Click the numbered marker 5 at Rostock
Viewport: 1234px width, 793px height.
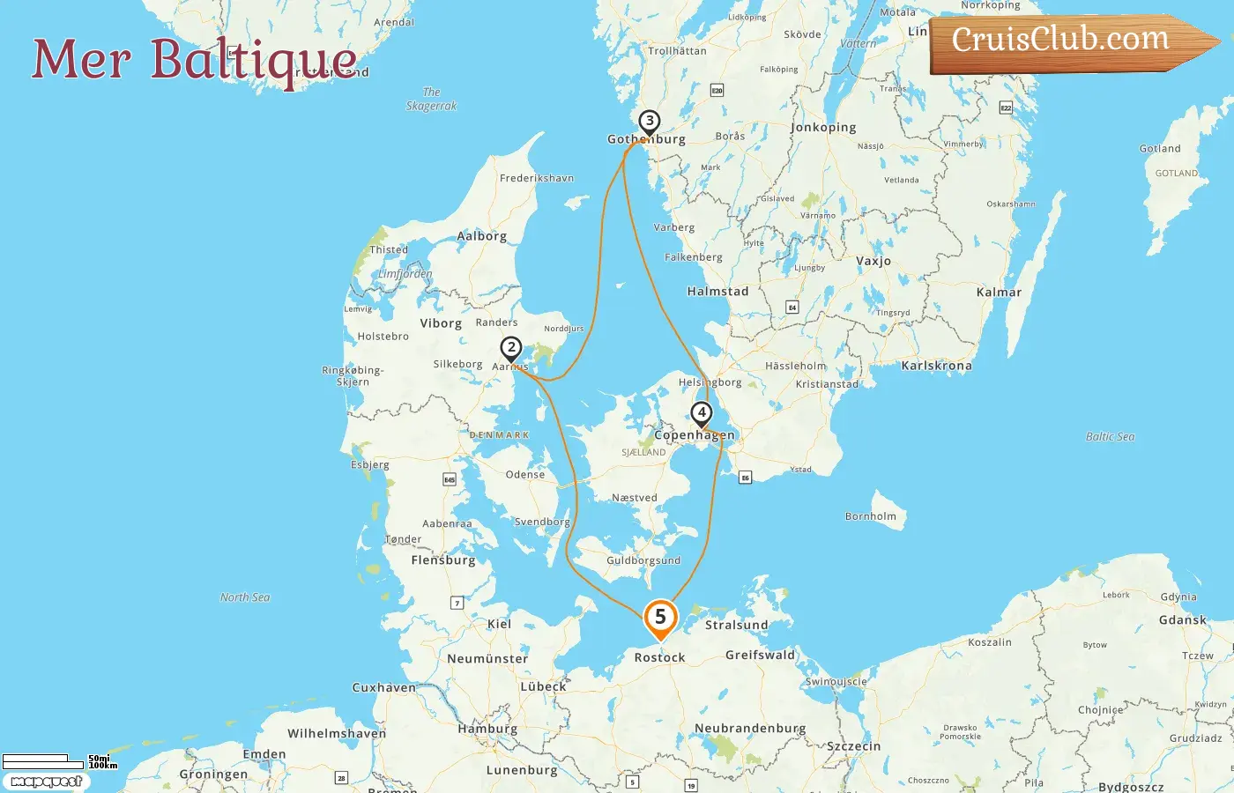tap(660, 619)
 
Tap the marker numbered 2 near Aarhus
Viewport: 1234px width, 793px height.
tap(510, 348)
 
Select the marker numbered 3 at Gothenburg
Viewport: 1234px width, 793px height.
tap(650, 122)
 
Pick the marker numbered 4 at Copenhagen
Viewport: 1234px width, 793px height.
tap(702, 413)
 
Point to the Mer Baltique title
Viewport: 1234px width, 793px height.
tap(194, 60)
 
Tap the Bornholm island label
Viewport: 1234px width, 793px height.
tap(871, 516)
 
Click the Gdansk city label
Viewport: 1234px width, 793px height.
tap(1182, 620)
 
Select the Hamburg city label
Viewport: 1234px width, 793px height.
tap(487, 729)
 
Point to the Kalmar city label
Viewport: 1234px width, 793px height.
tap(999, 293)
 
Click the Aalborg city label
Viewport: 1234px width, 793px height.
tap(481, 236)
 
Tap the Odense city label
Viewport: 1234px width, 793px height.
tap(525, 475)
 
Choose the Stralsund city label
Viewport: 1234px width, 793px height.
tap(736, 626)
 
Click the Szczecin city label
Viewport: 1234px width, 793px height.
tap(853, 746)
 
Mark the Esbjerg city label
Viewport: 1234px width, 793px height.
tap(369, 464)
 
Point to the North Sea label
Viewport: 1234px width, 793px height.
tap(245, 597)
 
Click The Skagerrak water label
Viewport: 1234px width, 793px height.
tap(431, 99)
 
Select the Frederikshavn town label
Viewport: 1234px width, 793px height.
tap(536, 178)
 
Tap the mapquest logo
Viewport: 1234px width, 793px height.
tap(46, 782)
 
